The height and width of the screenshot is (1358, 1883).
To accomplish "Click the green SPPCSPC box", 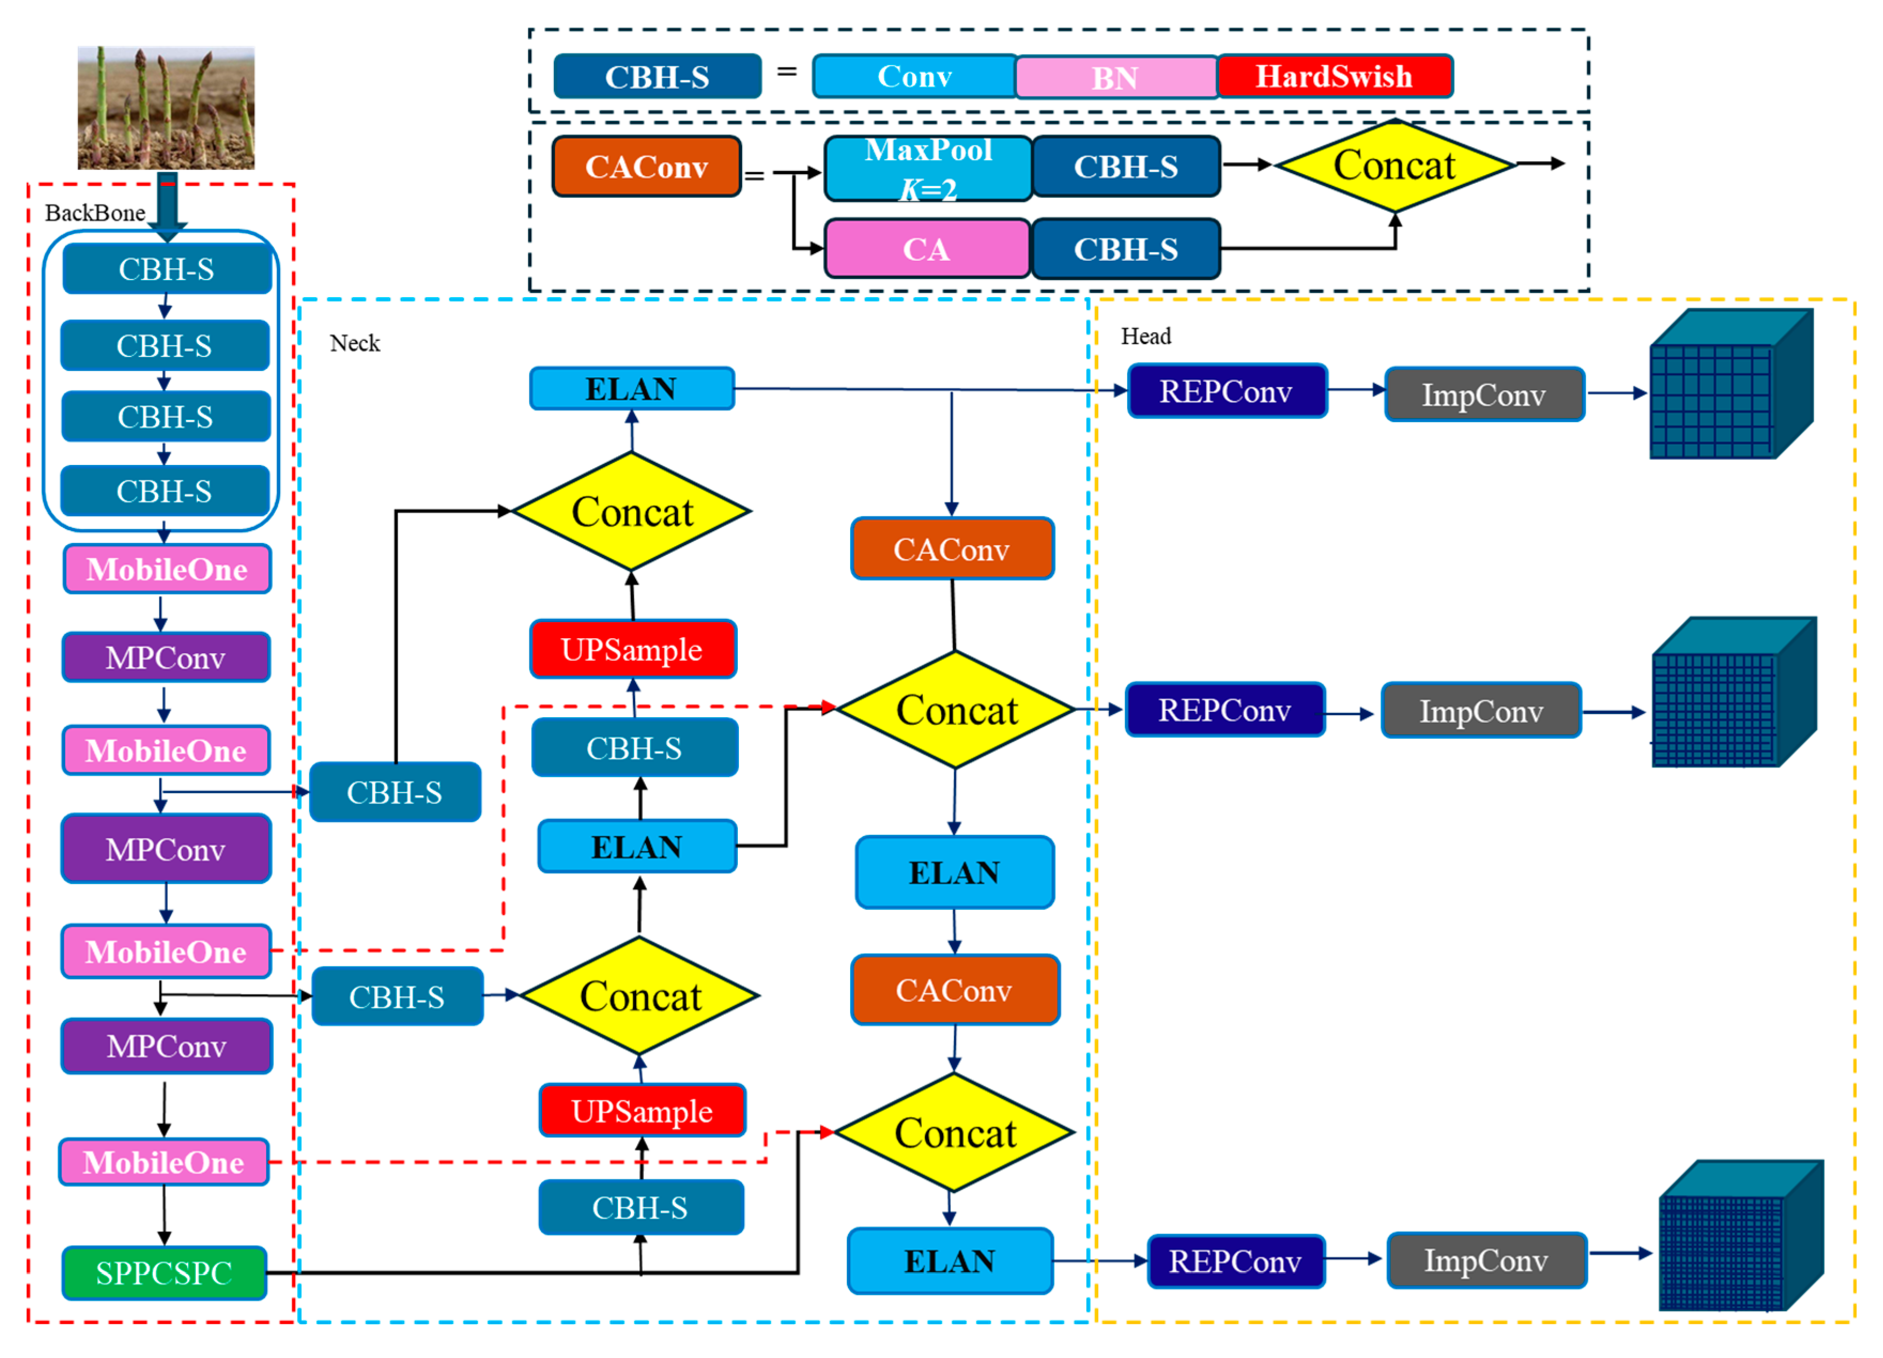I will (164, 1272).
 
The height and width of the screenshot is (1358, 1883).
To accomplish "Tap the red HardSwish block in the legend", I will (1334, 76).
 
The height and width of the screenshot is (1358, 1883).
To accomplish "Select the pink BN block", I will (1115, 77).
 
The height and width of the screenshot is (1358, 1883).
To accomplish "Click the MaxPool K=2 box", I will (928, 168).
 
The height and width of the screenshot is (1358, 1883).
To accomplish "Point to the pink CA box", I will (927, 249).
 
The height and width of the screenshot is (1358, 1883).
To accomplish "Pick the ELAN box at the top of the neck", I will (632, 389).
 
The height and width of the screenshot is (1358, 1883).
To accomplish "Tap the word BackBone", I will (95, 213).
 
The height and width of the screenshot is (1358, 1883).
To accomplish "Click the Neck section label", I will (354, 343).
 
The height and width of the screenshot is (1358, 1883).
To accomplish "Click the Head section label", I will (1146, 336).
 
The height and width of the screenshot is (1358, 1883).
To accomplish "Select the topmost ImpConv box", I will (1485, 394).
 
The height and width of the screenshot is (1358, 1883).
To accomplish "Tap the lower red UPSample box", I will (642, 1111).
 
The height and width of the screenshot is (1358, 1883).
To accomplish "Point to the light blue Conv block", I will (914, 76).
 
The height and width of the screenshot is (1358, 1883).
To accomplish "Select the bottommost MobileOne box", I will (164, 1162).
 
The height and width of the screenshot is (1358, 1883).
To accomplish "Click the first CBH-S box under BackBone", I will (167, 269).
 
